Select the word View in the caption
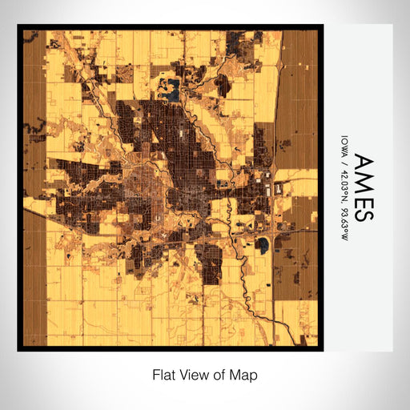click(191, 374)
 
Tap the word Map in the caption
click(246, 374)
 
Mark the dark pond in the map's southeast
click(263, 243)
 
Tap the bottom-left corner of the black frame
click(19, 349)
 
